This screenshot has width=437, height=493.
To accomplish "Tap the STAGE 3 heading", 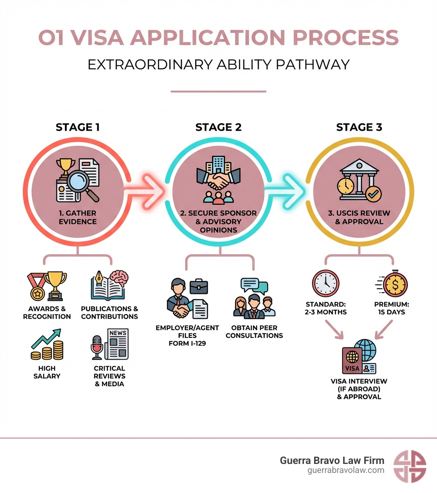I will pyautogui.click(x=359, y=127).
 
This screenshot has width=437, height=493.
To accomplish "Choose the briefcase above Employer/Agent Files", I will pyautogui.click(x=199, y=286).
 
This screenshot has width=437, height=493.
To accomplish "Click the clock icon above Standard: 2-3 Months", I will pyautogui.click(x=326, y=283).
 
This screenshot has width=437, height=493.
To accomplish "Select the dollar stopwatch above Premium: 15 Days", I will pyautogui.click(x=395, y=283).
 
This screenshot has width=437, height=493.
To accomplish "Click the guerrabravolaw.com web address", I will pyautogui.click(x=346, y=470).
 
